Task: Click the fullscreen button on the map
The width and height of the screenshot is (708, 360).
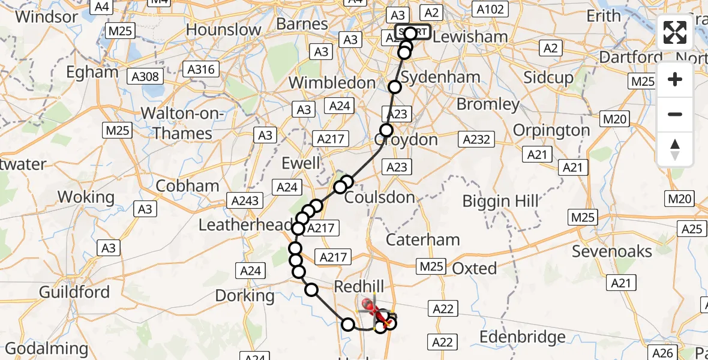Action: point(675,32)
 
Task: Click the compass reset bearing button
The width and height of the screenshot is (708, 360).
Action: point(675,149)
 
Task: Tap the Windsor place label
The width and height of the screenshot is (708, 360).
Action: point(47,16)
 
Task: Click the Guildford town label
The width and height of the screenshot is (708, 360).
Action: point(74,292)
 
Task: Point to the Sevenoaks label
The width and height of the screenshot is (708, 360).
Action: point(612,251)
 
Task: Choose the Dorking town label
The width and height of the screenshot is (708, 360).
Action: point(245,295)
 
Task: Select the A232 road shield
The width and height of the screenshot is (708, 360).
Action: point(476,140)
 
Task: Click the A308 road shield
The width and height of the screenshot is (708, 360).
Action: point(145,76)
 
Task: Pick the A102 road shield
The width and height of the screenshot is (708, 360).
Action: point(490,9)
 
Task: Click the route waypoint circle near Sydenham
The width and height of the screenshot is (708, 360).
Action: point(395,87)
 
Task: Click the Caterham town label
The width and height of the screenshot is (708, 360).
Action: point(423,240)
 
